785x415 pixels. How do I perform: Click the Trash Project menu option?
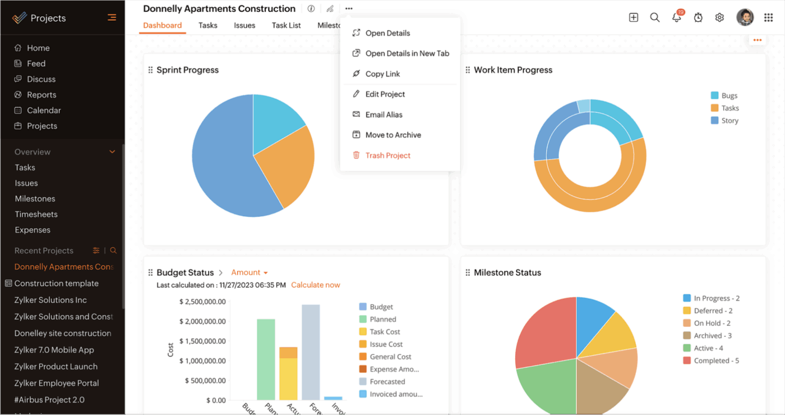387,156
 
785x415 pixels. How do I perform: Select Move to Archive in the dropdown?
392,135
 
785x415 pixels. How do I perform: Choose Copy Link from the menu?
382,74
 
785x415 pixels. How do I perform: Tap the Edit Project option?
385,94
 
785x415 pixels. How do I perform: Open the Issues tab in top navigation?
244,25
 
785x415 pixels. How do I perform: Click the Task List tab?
286,25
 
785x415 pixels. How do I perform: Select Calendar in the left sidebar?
44,111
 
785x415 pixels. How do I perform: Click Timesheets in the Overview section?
36,215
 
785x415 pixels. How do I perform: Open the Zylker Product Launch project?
56,367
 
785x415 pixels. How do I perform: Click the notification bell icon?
677,17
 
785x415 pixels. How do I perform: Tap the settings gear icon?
719,17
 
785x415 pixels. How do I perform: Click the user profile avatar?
745,17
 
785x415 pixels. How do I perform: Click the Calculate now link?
315,285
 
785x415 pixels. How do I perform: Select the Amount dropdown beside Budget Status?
250,273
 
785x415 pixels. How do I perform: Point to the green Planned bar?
266,359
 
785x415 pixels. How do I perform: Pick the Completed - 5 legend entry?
716,361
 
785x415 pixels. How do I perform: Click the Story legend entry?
729,121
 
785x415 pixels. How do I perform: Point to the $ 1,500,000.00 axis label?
202,341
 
